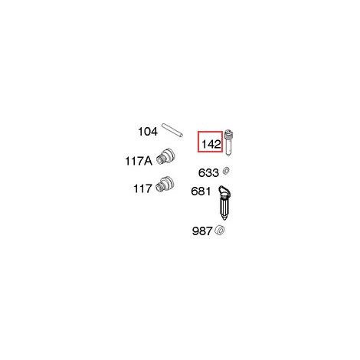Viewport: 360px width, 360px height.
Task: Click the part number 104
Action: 148,132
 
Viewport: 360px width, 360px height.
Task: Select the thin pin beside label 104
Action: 172,130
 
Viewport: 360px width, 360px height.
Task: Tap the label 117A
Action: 139,161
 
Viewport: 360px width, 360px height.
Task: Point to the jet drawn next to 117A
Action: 165,155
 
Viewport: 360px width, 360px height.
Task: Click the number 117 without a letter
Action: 142,189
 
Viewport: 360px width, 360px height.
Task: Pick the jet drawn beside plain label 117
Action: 165,184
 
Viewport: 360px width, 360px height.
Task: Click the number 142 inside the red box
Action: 211,145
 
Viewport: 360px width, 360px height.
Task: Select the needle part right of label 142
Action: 228,143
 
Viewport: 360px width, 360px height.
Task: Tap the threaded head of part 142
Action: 228,135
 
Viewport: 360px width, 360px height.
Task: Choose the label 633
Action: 208,173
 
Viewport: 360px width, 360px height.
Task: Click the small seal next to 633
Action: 226,171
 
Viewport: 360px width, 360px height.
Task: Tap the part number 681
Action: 201,191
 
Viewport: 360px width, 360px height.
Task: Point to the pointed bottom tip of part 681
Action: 224,219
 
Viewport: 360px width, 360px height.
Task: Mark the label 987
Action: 202,231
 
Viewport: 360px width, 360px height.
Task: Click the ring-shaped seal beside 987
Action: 220,231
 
